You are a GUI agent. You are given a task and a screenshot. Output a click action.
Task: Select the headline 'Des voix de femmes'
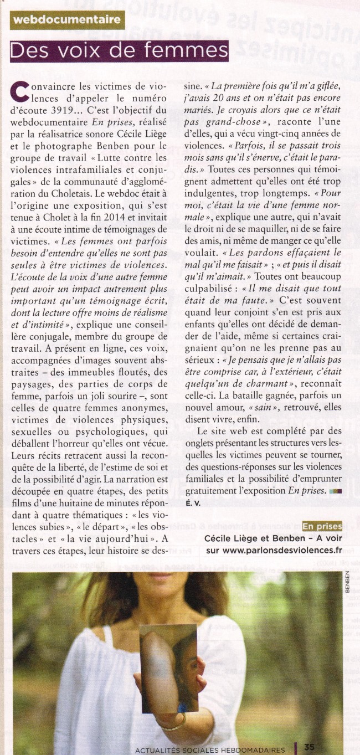point(120,52)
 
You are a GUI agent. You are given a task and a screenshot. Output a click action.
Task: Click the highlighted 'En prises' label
point(322,526)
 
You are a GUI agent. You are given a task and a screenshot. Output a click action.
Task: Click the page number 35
point(310,747)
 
